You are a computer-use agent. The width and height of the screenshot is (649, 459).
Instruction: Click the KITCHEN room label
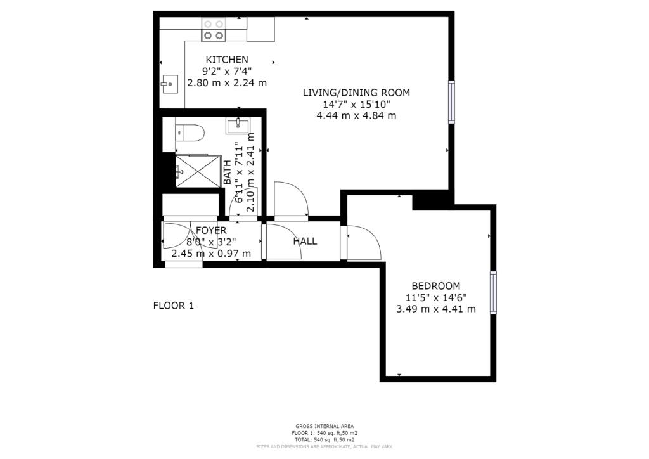pyautogui.click(x=226, y=60)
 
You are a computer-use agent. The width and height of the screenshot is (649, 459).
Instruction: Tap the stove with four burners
pyautogui.click(x=214, y=30)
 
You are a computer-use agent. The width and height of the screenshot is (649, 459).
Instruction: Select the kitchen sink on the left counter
pyautogui.click(x=169, y=84)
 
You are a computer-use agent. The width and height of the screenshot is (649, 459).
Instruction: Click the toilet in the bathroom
pyautogui.click(x=190, y=133)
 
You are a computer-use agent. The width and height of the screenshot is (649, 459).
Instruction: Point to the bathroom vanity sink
pyautogui.click(x=238, y=126)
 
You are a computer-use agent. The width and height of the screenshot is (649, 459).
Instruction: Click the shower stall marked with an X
pyautogui.click(x=196, y=171)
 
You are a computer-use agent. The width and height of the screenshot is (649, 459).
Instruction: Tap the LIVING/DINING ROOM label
pyautogui.click(x=356, y=93)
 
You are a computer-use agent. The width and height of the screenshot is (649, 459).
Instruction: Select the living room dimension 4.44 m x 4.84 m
pyautogui.click(x=356, y=115)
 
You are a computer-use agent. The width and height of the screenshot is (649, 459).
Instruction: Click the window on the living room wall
pyautogui.click(x=451, y=101)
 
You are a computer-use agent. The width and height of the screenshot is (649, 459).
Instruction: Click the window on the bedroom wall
pyautogui.click(x=492, y=292)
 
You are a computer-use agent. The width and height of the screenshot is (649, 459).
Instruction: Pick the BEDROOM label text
pyautogui.click(x=436, y=286)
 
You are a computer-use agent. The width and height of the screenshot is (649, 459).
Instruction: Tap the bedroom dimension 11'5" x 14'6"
pyautogui.click(x=436, y=297)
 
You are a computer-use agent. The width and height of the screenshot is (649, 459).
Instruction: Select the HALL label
pyautogui.click(x=305, y=241)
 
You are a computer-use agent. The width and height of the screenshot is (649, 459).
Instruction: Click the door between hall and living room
pyautogui.click(x=291, y=200)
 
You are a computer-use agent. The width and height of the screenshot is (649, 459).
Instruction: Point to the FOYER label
pyautogui.click(x=211, y=231)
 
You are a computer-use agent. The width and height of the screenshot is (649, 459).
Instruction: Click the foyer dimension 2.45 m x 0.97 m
pyautogui.click(x=211, y=254)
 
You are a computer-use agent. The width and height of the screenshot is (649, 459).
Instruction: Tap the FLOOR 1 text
pyautogui.click(x=174, y=306)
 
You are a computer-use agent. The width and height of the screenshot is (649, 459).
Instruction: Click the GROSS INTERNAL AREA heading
pyautogui.click(x=324, y=426)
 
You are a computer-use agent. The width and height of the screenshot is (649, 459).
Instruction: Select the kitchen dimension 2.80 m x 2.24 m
pyautogui.click(x=226, y=82)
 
